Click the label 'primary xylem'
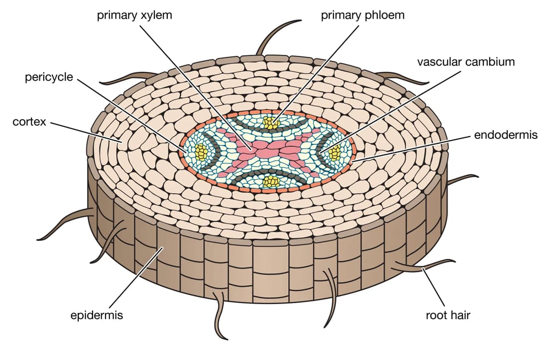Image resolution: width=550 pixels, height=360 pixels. tap(134, 14)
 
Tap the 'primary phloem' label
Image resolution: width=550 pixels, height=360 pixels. tap(362, 14)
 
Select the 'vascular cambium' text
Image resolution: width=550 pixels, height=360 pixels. tap(466, 62)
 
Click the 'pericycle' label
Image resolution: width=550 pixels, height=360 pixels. tap(49, 78)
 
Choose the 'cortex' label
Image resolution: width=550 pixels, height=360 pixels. tap(29, 122)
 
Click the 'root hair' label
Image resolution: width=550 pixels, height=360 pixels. tap(447, 315)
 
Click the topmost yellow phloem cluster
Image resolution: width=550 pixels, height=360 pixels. tap(271, 122)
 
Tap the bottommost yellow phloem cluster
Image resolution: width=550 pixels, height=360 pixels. tap(272, 182)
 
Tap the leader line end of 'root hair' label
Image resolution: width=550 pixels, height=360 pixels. tap(423, 269)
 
